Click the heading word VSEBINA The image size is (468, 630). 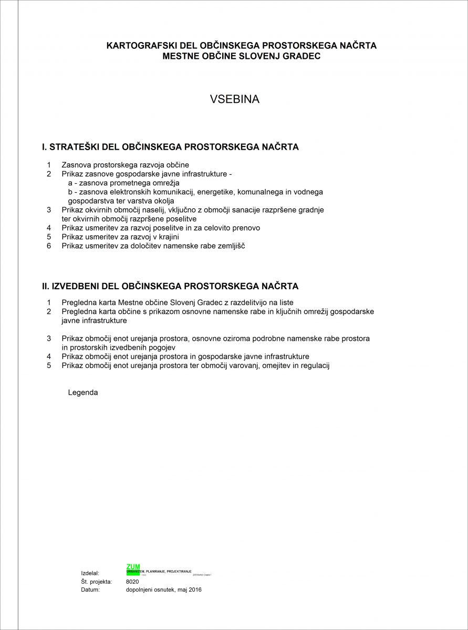tap(234, 99)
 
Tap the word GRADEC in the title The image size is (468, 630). tap(301, 56)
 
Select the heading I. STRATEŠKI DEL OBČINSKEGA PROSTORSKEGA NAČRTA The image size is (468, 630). tap(170, 147)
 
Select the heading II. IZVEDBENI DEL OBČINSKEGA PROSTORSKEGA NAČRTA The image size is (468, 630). tap(170, 286)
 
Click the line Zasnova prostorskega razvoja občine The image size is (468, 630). tap(125, 165)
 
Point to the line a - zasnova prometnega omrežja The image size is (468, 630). tap(124, 183)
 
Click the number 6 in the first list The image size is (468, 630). tap(49, 246)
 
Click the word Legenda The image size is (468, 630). tap(83, 392)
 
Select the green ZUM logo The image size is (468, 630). tap(132, 567)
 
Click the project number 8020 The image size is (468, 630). tap(132, 582)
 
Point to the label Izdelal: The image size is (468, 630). tap(90, 573)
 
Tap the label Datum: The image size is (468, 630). tap(90, 590)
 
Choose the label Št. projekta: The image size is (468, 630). tap(97, 582)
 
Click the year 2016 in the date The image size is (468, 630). tap(194, 590)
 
